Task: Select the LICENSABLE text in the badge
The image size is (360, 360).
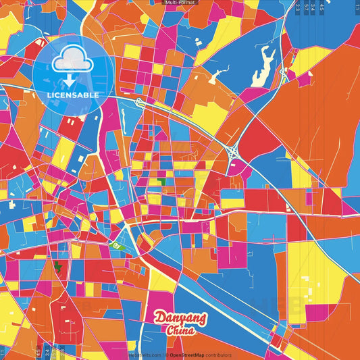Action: pyautogui.click(x=72, y=95)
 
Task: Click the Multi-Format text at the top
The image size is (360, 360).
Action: pyautogui.click(x=180, y=3)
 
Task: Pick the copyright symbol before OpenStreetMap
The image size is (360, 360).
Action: pyautogui.click(x=166, y=355)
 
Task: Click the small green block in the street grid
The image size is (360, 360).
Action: pyautogui.click(x=161, y=181)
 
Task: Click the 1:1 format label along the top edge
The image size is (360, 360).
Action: pyautogui.click(x=357, y=5)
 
